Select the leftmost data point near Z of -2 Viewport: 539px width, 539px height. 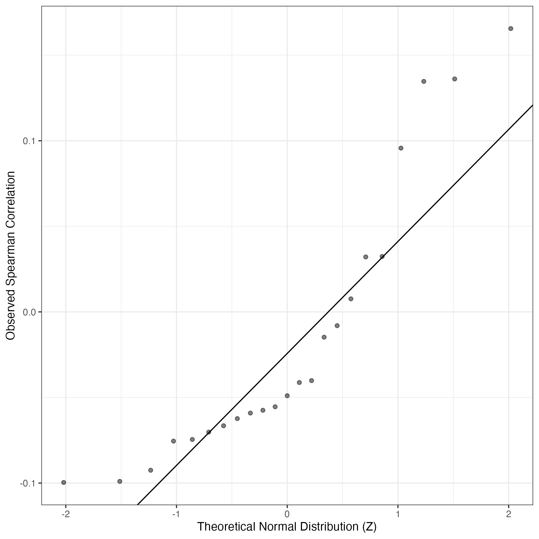coord(64,482)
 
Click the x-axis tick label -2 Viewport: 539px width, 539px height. coord(65,514)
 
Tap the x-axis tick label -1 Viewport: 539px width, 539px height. coord(176,514)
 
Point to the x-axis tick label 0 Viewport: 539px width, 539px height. coord(287,514)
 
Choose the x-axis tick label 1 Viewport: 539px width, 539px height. coord(398,514)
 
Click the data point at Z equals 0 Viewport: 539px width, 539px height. coord(287,396)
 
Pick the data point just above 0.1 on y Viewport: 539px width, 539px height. coord(401,148)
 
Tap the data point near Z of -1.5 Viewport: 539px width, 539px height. coord(120,481)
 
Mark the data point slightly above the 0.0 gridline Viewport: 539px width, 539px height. coord(351,299)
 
